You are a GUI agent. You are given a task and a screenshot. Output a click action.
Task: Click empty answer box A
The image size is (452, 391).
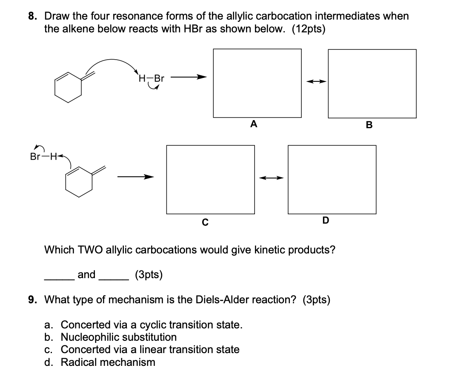pos(257,83)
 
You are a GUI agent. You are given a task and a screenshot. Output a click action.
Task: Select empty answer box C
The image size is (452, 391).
pos(210,179)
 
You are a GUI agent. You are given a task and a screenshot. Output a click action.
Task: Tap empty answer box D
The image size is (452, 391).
pos(332,179)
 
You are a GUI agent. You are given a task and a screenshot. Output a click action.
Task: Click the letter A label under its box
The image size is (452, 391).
pos(254,124)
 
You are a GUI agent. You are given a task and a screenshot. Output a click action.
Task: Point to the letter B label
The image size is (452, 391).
pos(369,125)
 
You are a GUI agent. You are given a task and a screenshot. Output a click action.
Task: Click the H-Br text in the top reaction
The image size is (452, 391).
pos(152,78)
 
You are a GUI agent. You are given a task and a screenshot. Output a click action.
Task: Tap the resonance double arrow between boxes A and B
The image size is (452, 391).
pos(315,81)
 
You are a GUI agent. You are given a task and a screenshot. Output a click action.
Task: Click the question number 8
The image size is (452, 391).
pos(32,17)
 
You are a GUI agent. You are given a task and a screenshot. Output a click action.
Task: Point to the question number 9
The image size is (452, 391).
pos(32,299)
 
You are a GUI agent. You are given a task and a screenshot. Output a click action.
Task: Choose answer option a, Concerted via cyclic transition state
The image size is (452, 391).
pos(144,325)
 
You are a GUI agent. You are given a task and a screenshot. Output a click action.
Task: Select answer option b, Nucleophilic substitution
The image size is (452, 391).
pos(111,337)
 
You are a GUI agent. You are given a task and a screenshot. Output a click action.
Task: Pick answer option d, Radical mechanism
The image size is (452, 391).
pos(100,362)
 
